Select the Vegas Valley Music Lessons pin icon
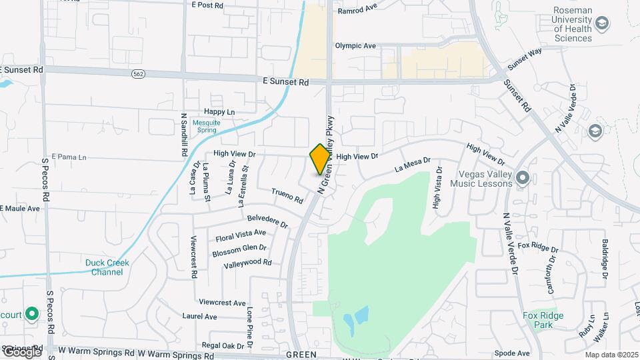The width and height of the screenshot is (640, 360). point(522,177)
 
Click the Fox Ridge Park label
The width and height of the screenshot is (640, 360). point(543,320)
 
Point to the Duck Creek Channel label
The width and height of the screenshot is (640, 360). point(107,267)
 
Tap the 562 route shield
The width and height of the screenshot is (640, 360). point(137,73)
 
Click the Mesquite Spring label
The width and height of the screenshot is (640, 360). point(206,127)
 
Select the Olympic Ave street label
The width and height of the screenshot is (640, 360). point(355,46)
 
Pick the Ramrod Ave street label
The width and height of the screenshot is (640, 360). point(357,11)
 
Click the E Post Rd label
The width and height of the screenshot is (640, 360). point(206,5)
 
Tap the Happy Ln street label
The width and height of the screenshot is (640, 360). point(219,112)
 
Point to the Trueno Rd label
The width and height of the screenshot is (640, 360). point(287,195)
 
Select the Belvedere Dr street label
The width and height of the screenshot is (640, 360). point(267,221)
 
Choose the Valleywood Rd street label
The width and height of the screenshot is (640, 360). point(247,263)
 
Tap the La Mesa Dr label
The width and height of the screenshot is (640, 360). point(413,165)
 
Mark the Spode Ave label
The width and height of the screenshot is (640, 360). point(513,353)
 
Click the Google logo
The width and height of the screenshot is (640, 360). point(21,352)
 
